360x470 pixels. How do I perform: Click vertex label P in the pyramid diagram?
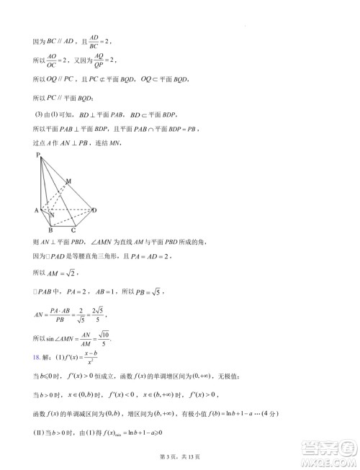coord(36,156)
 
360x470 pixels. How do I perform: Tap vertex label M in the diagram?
coord(68,181)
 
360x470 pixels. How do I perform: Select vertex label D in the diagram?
coord(94,209)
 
